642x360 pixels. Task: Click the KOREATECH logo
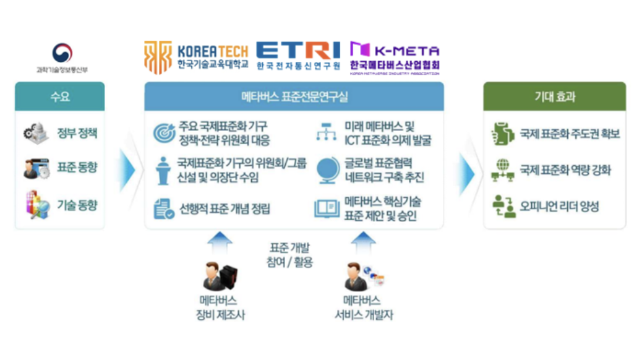pyautogui.click(x=196, y=56)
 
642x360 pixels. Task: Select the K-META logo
pyautogui.click(x=394, y=57)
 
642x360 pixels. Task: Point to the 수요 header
pyautogui.click(x=60, y=96)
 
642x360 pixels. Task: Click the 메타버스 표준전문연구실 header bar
pyautogui.click(x=294, y=96)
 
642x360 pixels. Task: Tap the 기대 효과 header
pyautogui.click(x=554, y=96)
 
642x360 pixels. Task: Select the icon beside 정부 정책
pyautogui.click(x=35, y=132)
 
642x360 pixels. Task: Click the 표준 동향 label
pyautogui.click(x=77, y=167)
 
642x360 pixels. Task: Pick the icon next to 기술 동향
pyautogui.click(x=36, y=205)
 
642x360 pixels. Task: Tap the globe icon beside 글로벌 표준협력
pyautogui.click(x=325, y=169)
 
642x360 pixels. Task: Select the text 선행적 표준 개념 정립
pyautogui.click(x=225, y=208)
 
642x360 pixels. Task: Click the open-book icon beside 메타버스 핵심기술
pyautogui.click(x=325, y=208)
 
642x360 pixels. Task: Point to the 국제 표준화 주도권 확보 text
pyautogui.click(x=570, y=134)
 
